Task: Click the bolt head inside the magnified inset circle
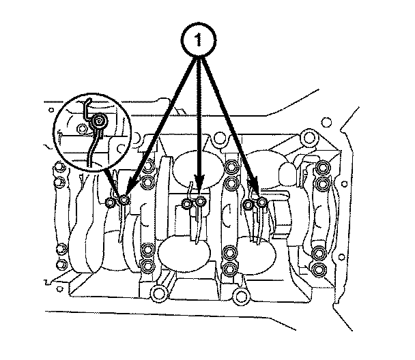coord(99,122)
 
